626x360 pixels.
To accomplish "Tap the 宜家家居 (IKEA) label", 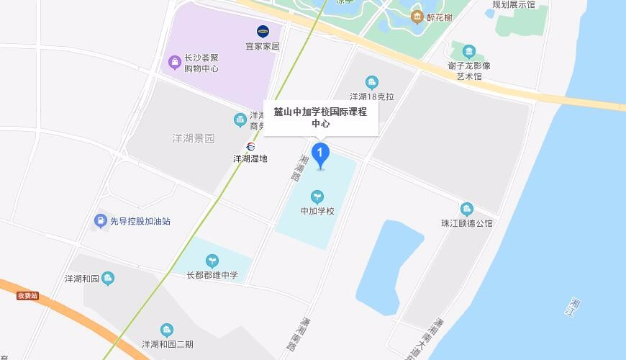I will (x=262, y=47).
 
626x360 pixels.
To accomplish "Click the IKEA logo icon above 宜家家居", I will (x=263, y=31).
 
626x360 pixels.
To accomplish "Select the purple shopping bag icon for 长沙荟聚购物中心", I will (x=174, y=63).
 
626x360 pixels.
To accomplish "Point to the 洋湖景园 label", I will (x=194, y=138).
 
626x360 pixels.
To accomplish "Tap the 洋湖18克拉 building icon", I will (x=372, y=82).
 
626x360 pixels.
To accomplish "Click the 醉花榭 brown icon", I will (x=417, y=17).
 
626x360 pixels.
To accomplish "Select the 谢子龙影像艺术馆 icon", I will (x=469, y=51).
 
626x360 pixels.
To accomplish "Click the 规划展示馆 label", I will (x=514, y=4).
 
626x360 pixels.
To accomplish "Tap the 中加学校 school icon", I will (x=317, y=197).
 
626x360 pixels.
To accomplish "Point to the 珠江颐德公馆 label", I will (x=467, y=223).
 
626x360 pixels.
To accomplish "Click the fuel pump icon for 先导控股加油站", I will (x=101, y=221).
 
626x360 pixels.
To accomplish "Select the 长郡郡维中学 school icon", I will (x=212, y=261).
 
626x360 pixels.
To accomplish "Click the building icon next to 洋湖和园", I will (x=108, y=279).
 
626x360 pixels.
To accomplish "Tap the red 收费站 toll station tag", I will (x=28, y=296).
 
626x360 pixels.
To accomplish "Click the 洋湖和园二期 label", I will (x=167, y=344).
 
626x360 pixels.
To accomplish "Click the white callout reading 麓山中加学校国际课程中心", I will (x=320, y=117).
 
